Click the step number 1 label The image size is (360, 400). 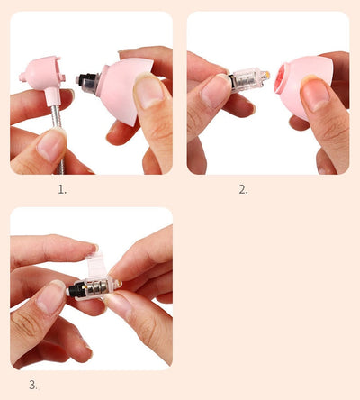(x=62, y=189)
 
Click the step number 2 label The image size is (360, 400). (x=243, y=189)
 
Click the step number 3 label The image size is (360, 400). (x=33, y=385)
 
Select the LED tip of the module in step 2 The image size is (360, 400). (x=266, y=77)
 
